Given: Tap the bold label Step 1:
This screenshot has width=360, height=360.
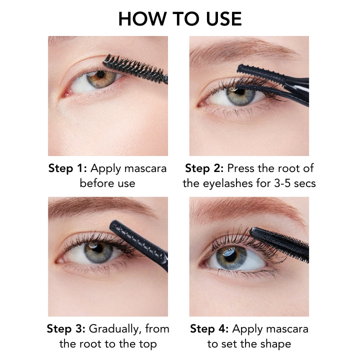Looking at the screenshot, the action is (x=67, y=168).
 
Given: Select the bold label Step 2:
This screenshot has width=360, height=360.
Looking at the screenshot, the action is (x=204, y=168).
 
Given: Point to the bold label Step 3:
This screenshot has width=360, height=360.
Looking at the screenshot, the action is (x=66, y=328).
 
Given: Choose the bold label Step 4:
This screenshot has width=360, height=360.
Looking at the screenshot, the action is (x=209, y=328).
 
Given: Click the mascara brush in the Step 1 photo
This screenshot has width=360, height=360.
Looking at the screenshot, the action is (x=135, y=68).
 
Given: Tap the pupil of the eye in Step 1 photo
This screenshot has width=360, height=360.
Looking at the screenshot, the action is (x=100, y=74).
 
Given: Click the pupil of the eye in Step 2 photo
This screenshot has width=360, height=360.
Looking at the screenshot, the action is (x=239, y=91).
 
